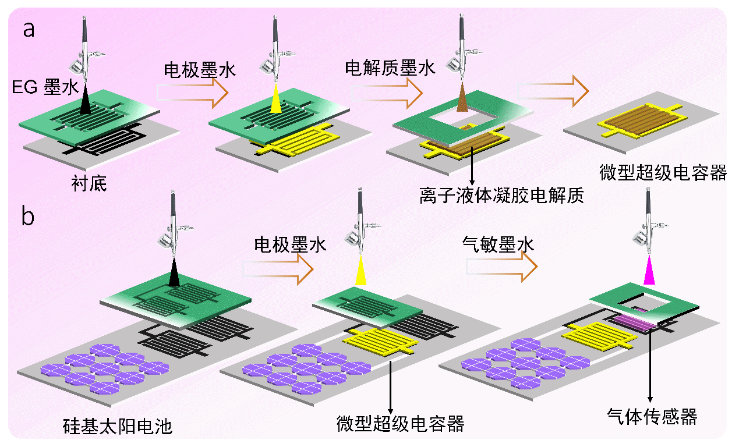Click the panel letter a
click(29, 29)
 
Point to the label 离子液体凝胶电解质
click(501, 195)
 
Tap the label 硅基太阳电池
click(118, 427)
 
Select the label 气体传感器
click(652, 416)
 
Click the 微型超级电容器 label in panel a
click(663, 173)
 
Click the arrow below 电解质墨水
click(387, 91)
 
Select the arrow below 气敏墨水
click(501, 267)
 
